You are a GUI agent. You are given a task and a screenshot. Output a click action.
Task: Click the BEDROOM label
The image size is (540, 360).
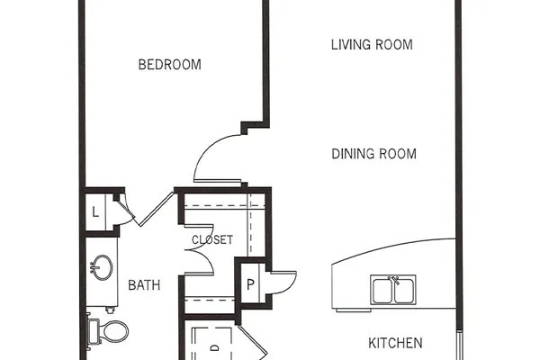(x=170, y=65)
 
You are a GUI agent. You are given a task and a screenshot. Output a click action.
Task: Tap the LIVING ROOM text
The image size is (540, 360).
(x=372, y=45)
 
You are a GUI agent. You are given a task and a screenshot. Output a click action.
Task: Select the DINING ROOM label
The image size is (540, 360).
(x=374, y=154)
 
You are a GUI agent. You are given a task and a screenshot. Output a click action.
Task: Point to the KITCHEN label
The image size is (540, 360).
(x=395, y=343)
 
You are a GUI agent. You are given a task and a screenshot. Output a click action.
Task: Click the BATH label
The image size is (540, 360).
(x=144, y=285)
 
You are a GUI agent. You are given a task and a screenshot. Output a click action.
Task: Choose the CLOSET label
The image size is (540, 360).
(x=212, y=239)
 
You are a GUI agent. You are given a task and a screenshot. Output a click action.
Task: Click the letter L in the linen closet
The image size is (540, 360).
(x=95, y=211)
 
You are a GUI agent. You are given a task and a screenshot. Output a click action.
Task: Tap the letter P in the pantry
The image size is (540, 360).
(x=250, y=284)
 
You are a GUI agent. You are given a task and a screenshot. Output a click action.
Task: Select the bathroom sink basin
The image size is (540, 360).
(x=102, y=267)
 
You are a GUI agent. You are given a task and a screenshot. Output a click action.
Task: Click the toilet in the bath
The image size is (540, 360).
(x=109, y=331)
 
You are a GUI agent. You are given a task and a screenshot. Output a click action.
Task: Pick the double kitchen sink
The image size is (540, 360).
(x=393, y=290)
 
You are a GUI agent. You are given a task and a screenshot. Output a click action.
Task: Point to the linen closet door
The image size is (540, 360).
(x=125, y=210)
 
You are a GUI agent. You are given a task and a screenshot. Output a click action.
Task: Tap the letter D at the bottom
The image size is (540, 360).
(x=214, y=348)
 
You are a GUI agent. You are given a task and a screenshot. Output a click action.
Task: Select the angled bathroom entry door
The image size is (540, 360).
(x=156, y=209)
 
